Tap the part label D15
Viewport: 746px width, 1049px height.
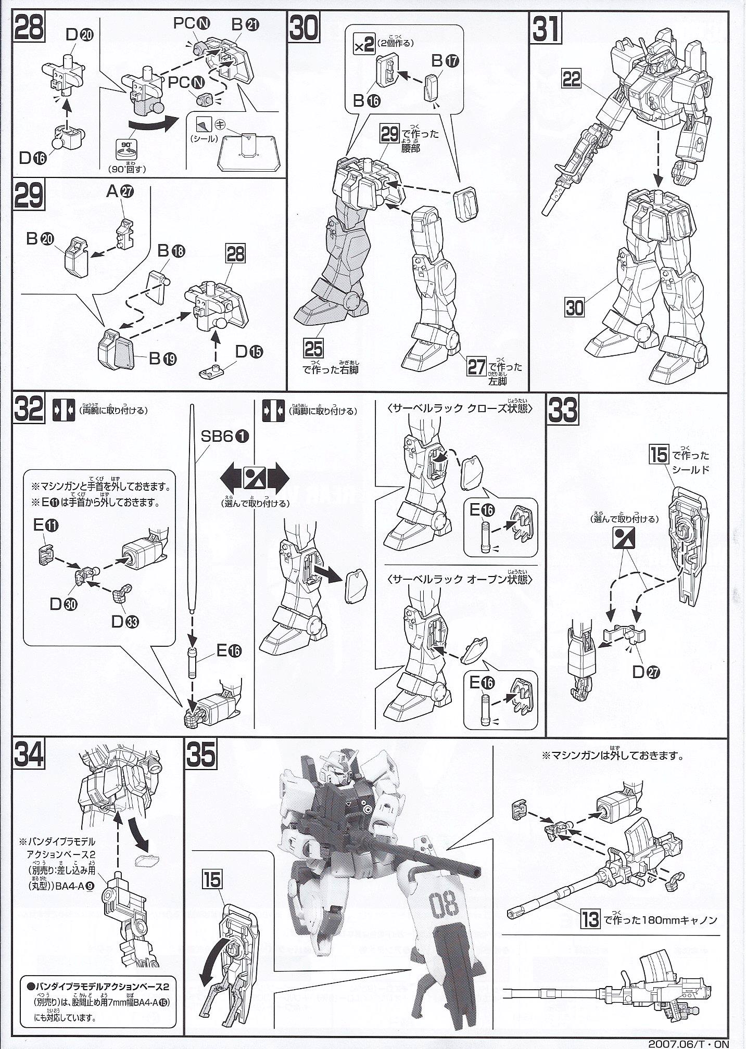[x=249, y=352]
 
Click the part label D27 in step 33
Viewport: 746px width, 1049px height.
[x=646, y=672]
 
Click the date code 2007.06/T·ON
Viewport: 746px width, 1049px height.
[x=694, y=1043]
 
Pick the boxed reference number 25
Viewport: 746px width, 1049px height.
[x=314, y=349]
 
